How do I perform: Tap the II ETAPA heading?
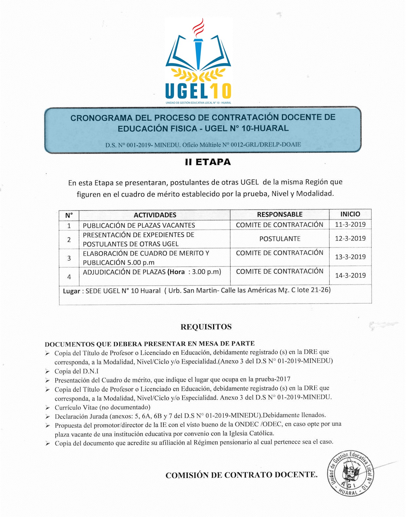tap(208, 162)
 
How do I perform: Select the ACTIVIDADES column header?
tap(155, 215)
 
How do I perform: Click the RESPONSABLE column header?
tap(280, 214)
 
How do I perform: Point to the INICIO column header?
tap(350, 214)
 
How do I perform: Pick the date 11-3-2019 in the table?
tap(350, 225)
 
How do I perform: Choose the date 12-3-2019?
tap(350, 239)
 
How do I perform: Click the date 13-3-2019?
tap(350, 257)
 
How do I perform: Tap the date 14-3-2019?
tap(350, 275)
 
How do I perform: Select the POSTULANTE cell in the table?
tap(280, 239)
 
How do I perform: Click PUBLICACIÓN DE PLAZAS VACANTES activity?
tap(139, 225)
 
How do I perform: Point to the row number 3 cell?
tap(69, 258)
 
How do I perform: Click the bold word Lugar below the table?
tap(71, 291)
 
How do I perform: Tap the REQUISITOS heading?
tap(206, 327)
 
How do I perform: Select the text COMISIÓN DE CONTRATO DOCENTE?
tap(241, 475)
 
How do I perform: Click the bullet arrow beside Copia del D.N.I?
tap(48, 372)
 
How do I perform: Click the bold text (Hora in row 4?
tap(176, 272)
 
